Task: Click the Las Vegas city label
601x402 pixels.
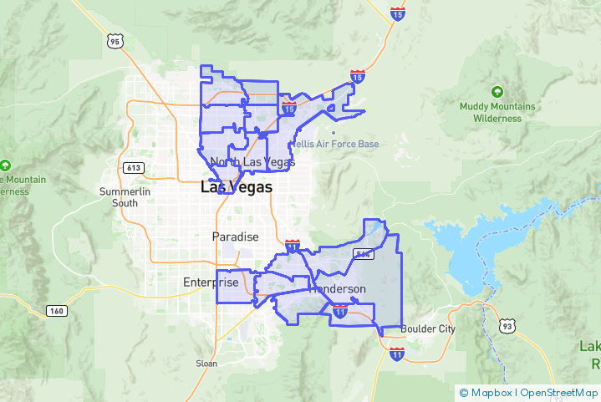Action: point(236,188)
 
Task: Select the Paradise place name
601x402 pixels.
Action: point(235,237)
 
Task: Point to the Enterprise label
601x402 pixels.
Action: point(211,282)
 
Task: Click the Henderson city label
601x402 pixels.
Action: point(338,289)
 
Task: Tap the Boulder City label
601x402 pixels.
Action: point(428,329)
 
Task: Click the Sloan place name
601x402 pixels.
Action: point(206,364)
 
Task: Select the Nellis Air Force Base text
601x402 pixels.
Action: point(334,144)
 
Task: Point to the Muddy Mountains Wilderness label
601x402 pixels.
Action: point(497,113)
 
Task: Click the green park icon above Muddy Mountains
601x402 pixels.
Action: point(497,91)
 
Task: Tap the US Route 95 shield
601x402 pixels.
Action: point(115,40)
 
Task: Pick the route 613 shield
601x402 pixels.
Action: point(132,167)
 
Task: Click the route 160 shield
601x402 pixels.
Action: point(56,311)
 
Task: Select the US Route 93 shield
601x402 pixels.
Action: point(507,325)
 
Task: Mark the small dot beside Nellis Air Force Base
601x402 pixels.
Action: point(334,132)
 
